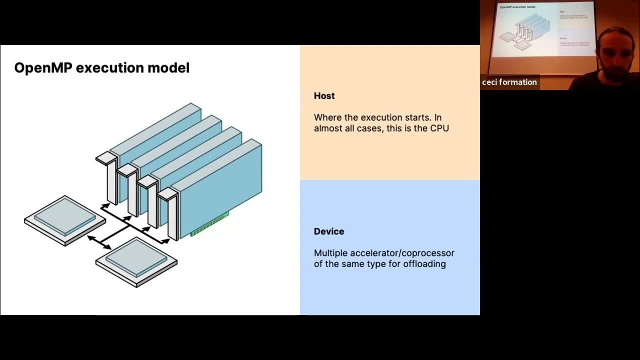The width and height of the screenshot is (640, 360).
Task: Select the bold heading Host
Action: (x=324, y=96)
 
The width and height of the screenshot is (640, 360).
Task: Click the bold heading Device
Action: (x=329, y=231)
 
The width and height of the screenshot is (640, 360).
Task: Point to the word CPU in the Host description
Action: (x=439, y=128)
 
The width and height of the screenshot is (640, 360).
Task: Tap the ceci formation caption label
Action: (x=509, y=82)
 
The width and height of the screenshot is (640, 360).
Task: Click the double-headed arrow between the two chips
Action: (x=99, y=242)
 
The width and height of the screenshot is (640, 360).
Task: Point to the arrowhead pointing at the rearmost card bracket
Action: (x=104, y=205)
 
